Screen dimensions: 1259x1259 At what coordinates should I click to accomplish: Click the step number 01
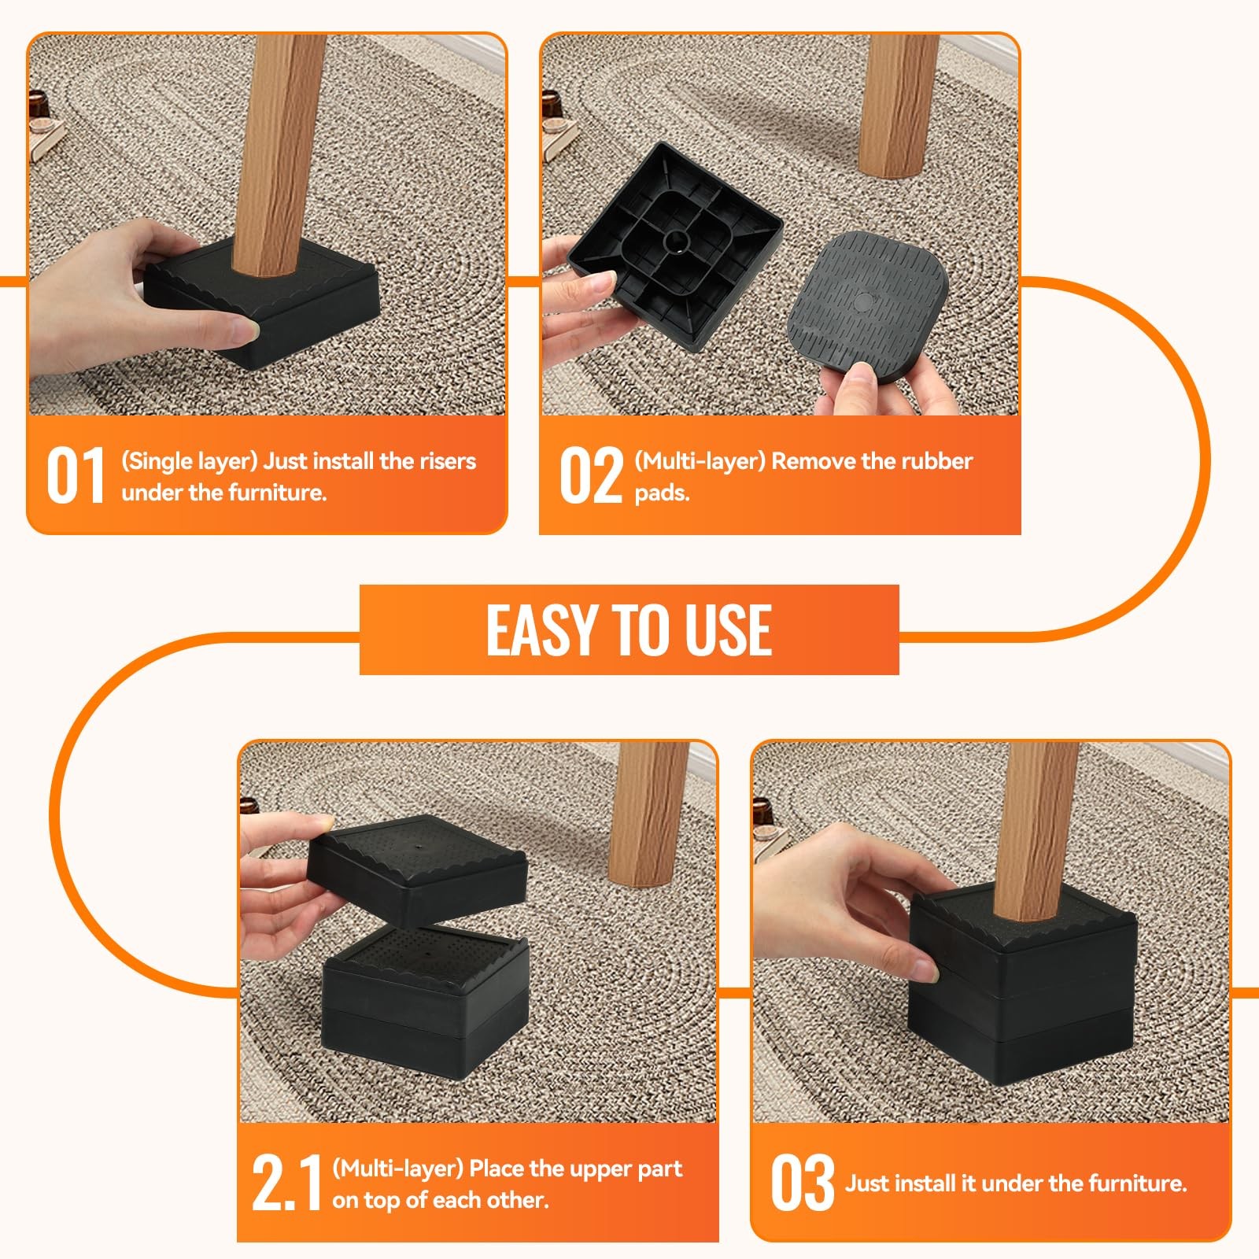(76, 475)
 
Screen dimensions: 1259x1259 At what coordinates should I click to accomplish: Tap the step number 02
(590, 475)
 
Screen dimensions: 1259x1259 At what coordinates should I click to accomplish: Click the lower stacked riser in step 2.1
(426, 999)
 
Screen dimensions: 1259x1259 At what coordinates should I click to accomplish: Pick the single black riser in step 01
(262, 303)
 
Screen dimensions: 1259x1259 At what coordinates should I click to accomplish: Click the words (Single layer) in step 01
(189, 461)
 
